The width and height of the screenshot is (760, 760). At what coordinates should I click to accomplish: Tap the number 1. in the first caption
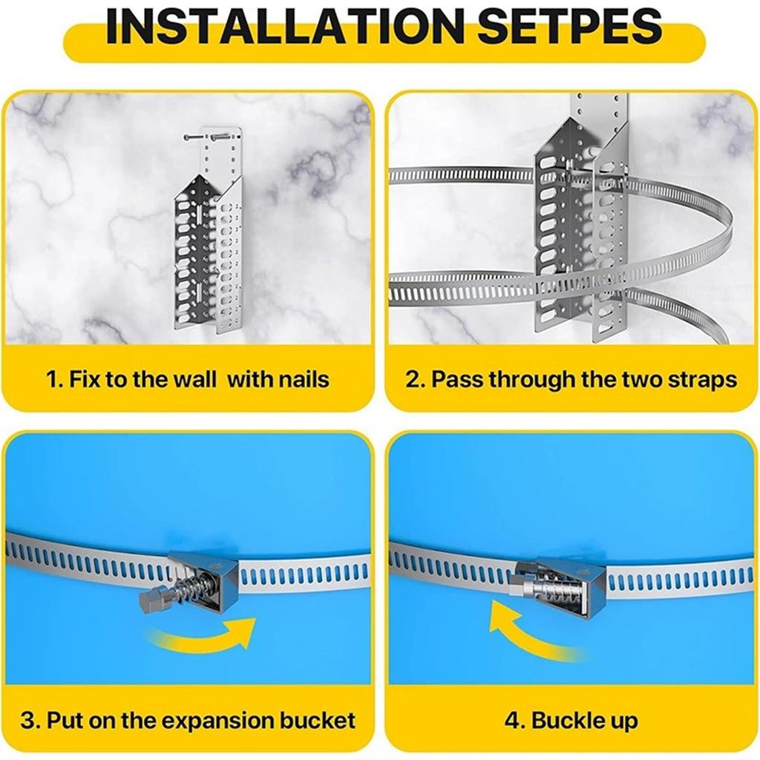(54, 380)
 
